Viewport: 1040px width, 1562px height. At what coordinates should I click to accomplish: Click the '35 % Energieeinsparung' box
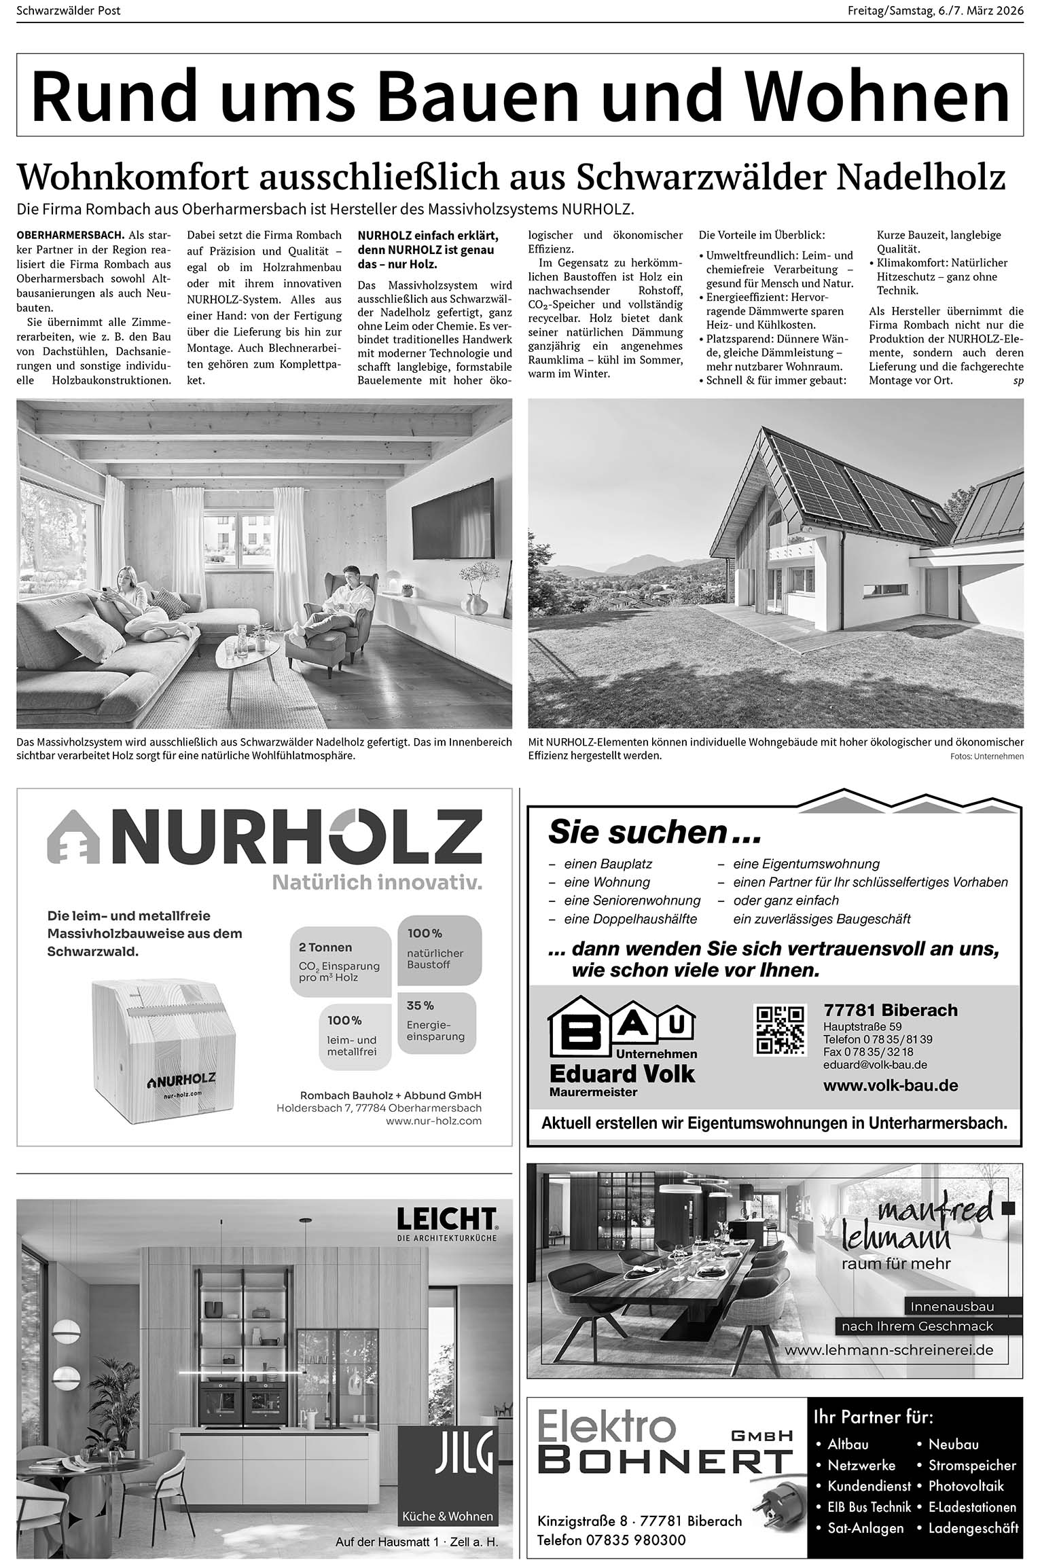click(435, 1023)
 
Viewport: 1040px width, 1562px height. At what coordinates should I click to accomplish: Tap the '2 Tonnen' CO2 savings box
click(340, 961)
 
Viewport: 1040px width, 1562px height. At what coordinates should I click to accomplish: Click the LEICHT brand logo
click(446, 1219)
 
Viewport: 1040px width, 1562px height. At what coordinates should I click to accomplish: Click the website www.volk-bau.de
click(891, 1085)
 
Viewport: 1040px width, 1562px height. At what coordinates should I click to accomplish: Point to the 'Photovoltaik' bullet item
click(965, 1485)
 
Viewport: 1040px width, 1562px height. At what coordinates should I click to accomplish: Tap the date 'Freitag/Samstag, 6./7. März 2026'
click(935, 11)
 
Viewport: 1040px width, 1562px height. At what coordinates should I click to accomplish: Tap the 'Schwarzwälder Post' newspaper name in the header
click(69, 11)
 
